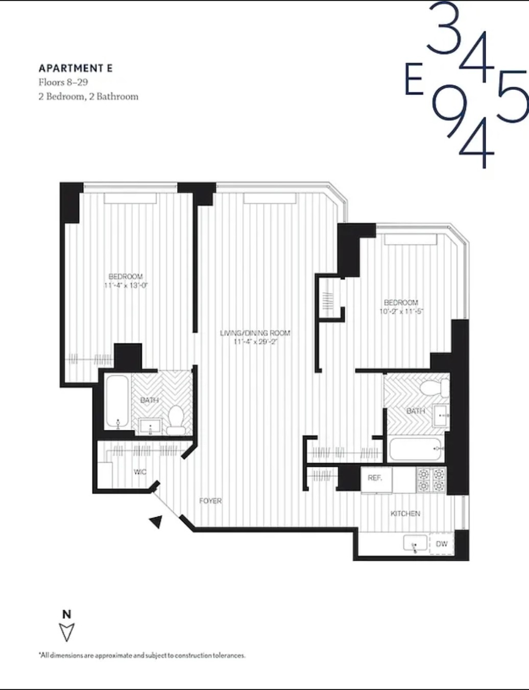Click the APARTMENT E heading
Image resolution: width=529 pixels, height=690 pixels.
coord(76,68)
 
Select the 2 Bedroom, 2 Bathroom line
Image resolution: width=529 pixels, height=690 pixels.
coord(88,97)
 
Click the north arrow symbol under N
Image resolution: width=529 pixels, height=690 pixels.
coord(67,632)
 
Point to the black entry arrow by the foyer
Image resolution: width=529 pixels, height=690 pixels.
coord(156,522)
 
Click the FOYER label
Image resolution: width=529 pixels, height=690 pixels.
coord(210,501)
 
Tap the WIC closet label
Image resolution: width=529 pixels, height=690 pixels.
coord(140,472)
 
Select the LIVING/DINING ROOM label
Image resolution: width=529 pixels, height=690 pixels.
coord(255,333)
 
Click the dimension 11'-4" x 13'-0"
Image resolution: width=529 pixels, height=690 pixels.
coord(126,285)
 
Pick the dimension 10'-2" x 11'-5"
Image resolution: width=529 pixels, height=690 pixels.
coord(401,311)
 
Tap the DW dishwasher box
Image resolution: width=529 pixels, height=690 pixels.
coord(442,544)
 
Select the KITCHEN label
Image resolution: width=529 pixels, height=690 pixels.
coord(405,513)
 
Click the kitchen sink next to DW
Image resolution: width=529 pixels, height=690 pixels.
coord(415,544)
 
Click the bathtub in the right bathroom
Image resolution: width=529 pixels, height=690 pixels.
coord(415,449)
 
